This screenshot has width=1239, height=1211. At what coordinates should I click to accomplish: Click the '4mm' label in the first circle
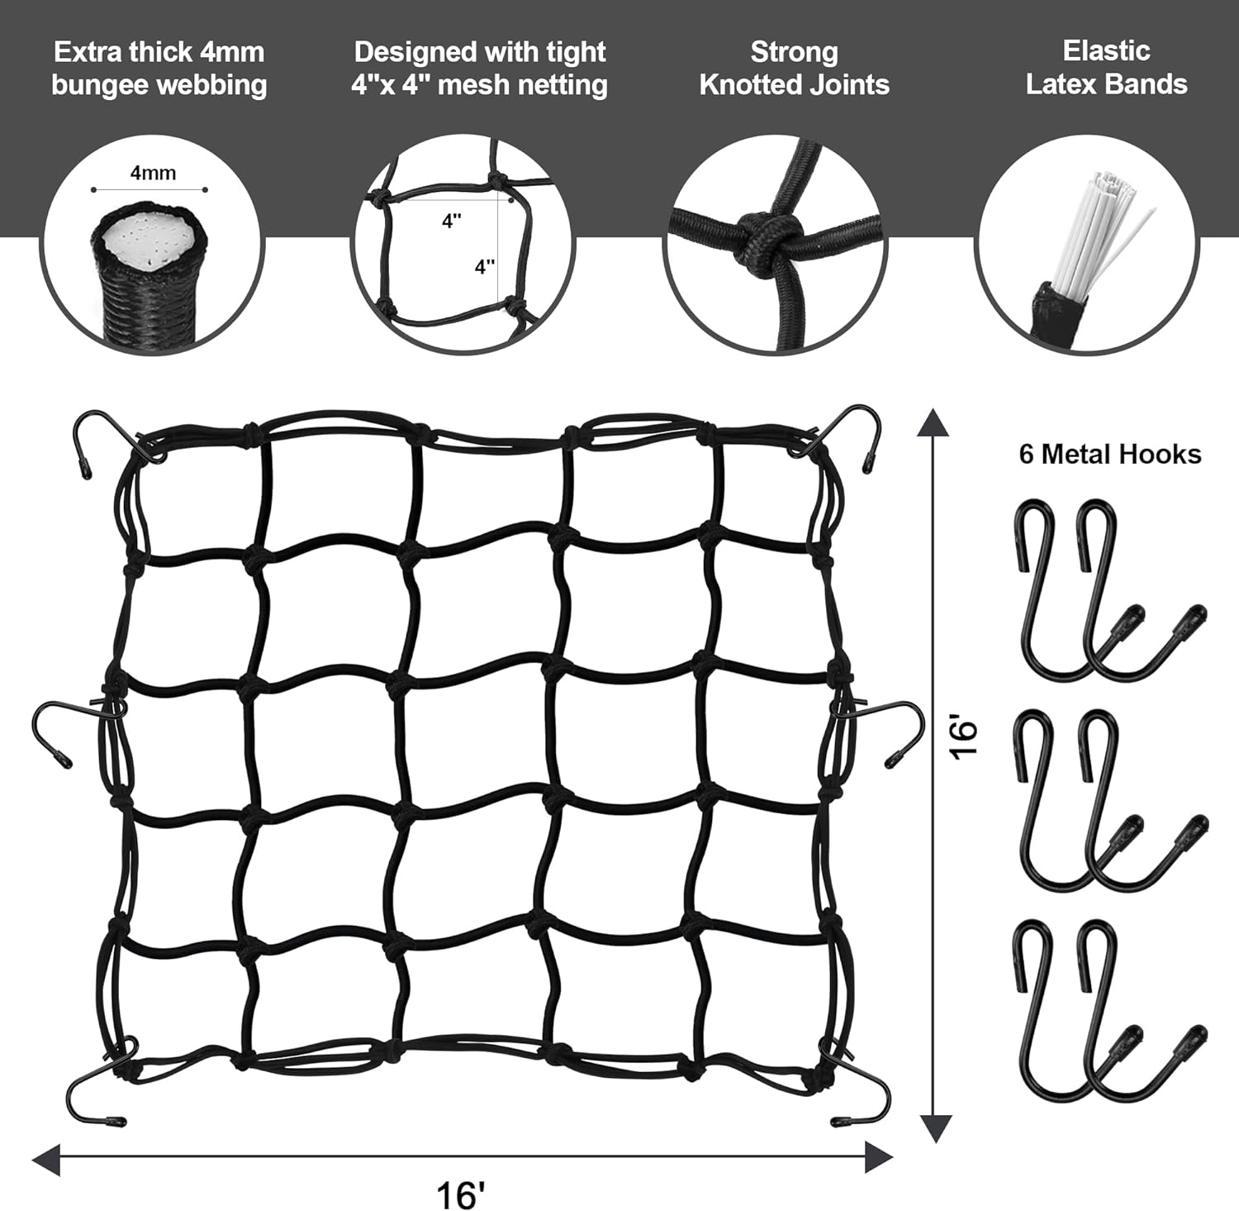pos(153,173)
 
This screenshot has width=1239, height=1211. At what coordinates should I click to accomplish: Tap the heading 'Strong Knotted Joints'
pos(794,68)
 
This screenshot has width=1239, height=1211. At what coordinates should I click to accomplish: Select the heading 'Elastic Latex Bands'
pos(1106,67)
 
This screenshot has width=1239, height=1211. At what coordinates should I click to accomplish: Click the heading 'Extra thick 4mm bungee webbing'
pos(159,68)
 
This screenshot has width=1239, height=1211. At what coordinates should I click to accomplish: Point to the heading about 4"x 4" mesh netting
pos(479,68)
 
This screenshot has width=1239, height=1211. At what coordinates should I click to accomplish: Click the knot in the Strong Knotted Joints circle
pos(756,236)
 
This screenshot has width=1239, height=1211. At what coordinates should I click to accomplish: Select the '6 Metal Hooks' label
pos(1109,454)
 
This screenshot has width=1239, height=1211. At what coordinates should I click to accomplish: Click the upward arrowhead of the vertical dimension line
pos(933,422)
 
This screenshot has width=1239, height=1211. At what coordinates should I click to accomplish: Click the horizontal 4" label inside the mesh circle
pos(451,222)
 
